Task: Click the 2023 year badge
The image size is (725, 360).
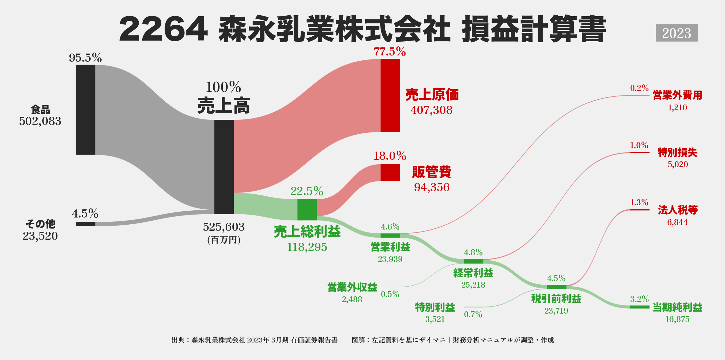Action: pyautogui.click(x=676, y=33)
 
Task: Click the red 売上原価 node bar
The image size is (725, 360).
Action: pyautogui.click(x=390, y=95)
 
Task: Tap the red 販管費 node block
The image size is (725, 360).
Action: pyautogui.click(x=390, y=173)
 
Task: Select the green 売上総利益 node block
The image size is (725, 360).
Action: pyautogui.click(x=307, y=210)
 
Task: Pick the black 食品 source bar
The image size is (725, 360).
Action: pyautogui.click(x=85, y=110)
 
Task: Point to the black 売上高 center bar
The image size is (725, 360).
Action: pyautogui.click(x=224, y=167)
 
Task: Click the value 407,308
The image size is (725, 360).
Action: pyautogui.click(x=431, y=110)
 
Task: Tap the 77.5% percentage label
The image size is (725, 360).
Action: pyautogui.click(x=390, y=52)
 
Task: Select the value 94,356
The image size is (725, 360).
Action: pyautogui.click(x=431, y=187)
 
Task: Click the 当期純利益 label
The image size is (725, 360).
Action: pyautogui.click(x=678, y=307)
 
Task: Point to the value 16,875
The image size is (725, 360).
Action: pyautogui.click(x=677, y=319)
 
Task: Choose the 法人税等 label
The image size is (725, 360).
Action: pyautogui.click(x=678, y=210)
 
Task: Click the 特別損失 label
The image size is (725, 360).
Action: pyautogui.click(x=678, y=153)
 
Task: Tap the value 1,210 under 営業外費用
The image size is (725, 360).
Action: pyautogui.click(x=677, y=107)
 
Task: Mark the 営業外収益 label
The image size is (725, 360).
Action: pyautogui.click(x=352, y=287)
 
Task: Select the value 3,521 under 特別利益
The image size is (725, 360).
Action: pyautogui.click(x=435, y=319)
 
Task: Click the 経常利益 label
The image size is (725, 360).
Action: pyautogui.click(x=473, y=273)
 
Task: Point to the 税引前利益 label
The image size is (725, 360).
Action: pyautogui.click(x=556, y=299)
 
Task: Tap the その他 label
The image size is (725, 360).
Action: pyautogui.click(x=40, y=224)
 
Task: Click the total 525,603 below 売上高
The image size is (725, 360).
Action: pyautogui.click(x=224, y=227)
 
